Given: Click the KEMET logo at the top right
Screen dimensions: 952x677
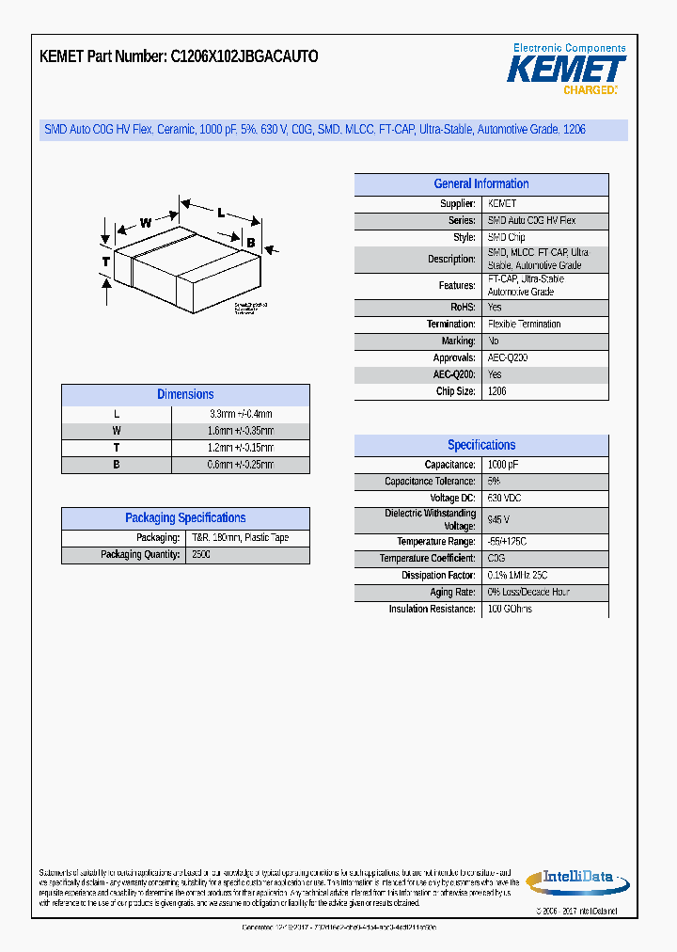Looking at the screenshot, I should point(566,69).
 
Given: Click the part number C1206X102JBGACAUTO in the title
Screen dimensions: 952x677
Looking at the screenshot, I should point(244,56).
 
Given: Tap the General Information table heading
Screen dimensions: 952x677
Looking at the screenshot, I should point(480,184).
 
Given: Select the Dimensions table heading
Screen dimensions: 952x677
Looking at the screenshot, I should point(185,395).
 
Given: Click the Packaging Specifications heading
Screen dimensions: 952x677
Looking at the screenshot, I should point(185,518).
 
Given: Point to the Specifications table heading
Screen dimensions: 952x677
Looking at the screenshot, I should point(480,445).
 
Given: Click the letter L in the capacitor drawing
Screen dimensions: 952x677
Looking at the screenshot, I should point(221,213).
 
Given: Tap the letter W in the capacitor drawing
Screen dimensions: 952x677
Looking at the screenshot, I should point(146,223).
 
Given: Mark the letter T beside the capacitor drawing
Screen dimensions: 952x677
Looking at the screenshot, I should point(106,261).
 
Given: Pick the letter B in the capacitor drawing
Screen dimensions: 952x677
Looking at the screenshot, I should point(250,243).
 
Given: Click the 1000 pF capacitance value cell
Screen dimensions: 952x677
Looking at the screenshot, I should point(502,465).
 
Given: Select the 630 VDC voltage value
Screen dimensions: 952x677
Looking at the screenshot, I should point(504,498).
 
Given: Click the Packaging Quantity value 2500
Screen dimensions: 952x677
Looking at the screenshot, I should point(201,555).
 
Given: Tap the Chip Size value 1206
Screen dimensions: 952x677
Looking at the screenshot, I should point(497,391).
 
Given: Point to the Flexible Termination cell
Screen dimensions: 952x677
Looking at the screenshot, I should point(524,324).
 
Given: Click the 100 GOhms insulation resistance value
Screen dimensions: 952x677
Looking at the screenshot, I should point(510,610).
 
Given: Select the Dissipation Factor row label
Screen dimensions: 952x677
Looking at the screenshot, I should point(438,576).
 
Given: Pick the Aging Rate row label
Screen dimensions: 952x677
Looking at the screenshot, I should point(452,593).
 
